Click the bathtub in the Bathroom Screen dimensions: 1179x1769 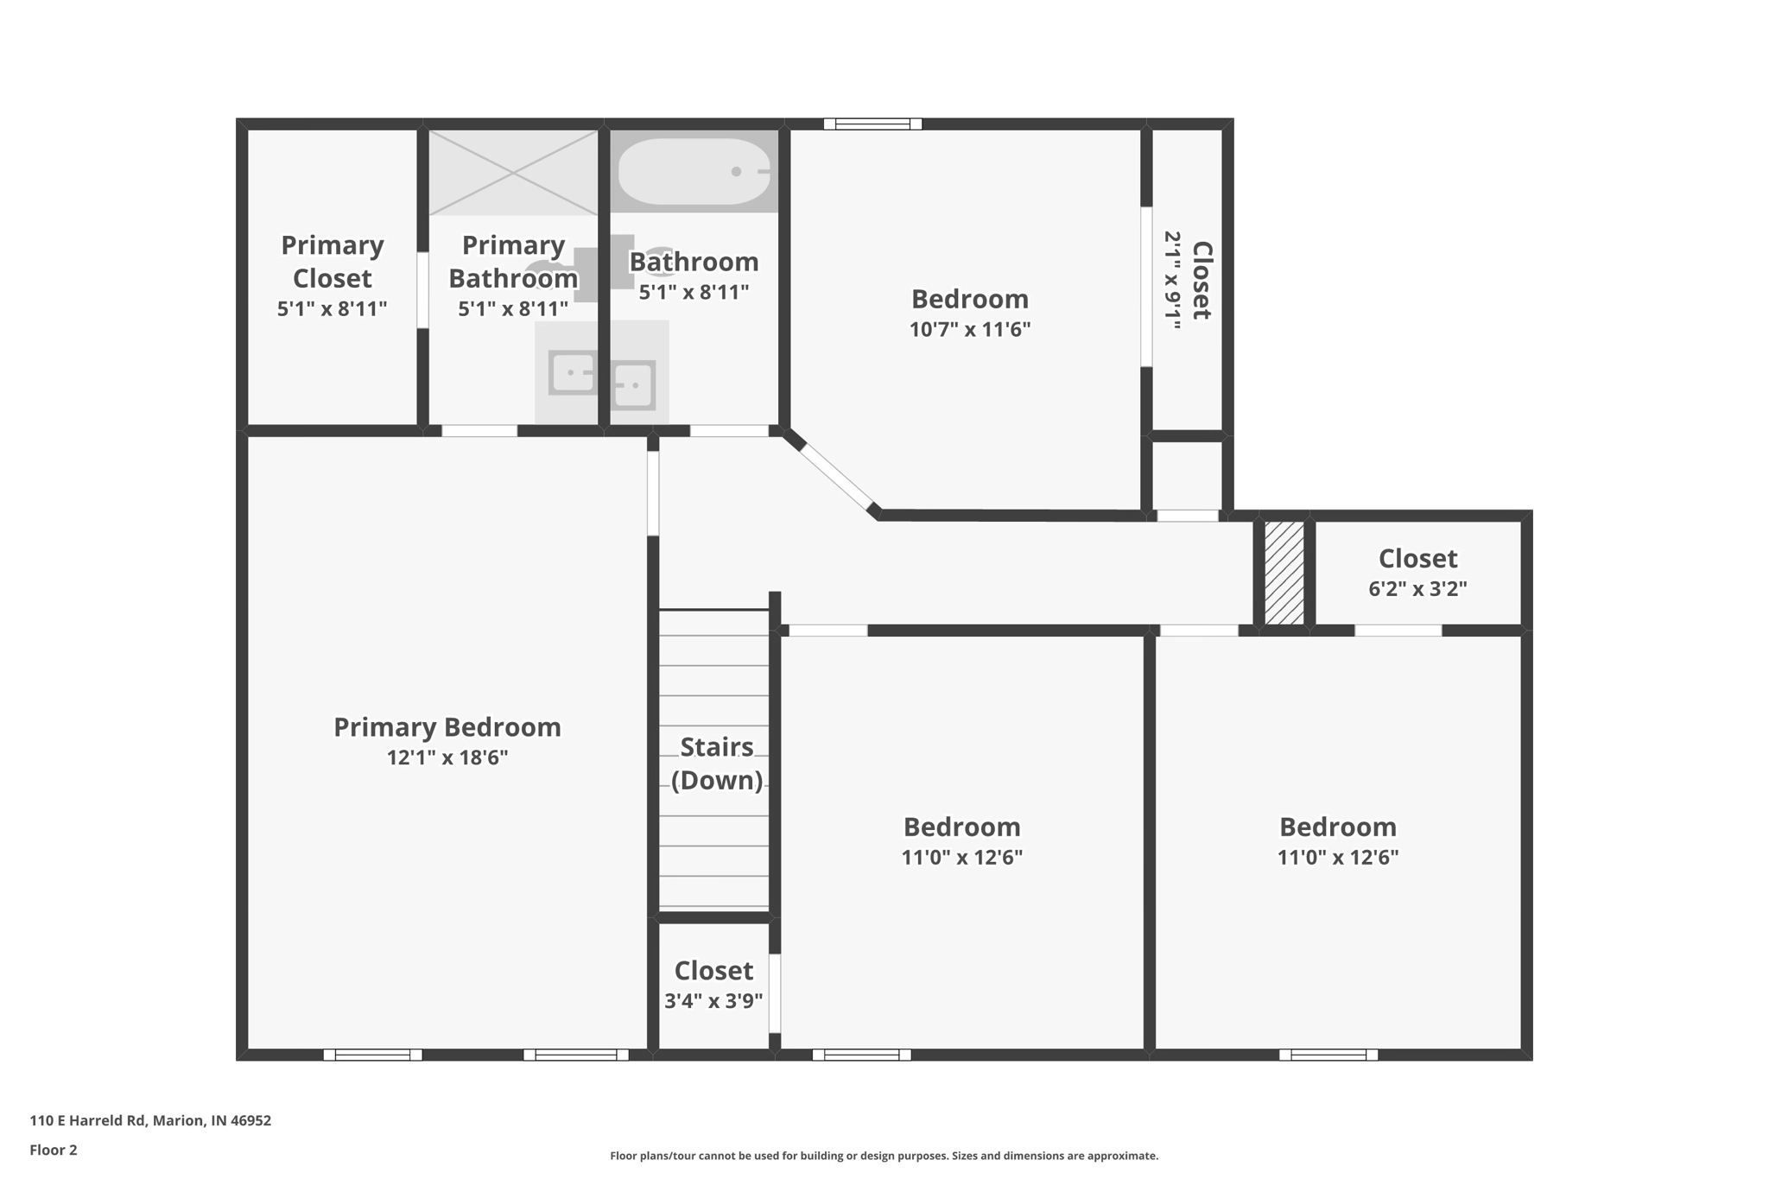[694, 171]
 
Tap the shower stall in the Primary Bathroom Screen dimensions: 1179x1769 [513, 172]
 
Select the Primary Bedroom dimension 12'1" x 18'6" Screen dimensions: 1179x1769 [447, 757]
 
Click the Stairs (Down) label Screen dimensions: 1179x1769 [716, 763]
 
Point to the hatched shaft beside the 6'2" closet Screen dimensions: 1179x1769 [1284, 573]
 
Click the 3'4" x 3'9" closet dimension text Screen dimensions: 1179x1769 [713, 1001]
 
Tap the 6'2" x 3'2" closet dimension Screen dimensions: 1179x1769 [1417, 589]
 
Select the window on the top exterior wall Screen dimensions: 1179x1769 [872, 124]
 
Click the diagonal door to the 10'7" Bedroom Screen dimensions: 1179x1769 [836, 476]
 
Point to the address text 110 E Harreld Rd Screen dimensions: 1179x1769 [150, 1120]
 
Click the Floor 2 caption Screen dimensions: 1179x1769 [54, 1150]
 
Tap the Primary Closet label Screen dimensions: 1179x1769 [332, 261]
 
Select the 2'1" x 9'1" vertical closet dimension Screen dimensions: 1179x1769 [1172, 280]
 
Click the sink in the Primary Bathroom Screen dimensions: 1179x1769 [572, 373]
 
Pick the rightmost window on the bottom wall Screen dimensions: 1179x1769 [1328, 1055]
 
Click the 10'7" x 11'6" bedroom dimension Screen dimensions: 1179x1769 [969, 329]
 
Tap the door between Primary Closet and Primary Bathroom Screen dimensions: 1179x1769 [422, 290]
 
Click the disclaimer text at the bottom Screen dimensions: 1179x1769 [884, 1156]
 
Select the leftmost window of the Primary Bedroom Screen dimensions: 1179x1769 [372, 1055]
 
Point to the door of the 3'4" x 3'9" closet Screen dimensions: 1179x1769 [775, 993]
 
